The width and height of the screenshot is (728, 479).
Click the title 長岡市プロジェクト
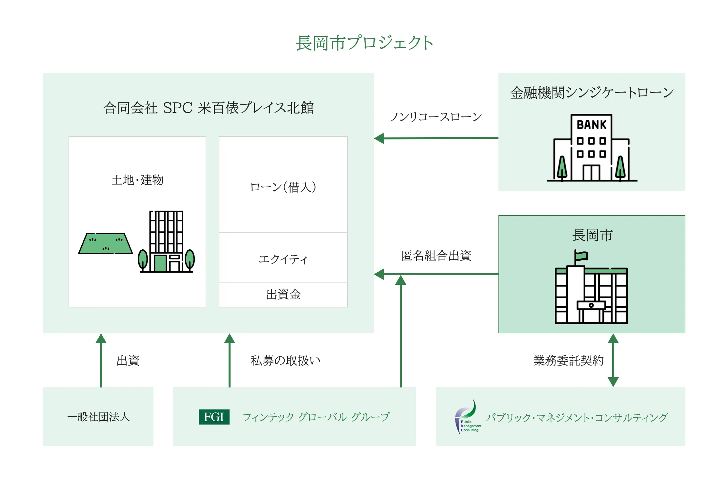[x=364, y=43]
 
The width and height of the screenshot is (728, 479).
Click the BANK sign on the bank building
[x=592, y=125]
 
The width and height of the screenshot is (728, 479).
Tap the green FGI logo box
[x=214, y=417]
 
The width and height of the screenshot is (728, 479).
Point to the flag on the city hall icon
[x=581, y=256]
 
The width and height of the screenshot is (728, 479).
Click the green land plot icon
[x=106, y=244]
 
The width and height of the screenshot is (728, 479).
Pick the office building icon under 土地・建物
[x=166, y=241]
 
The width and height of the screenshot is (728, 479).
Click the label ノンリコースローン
[x=435, y=117]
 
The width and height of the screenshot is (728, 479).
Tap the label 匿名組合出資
[x=436, y=256]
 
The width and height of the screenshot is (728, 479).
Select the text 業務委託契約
[x=568, y=361]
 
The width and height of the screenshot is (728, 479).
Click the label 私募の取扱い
[x=285, y=361]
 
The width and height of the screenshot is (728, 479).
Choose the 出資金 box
[x=283, y=295]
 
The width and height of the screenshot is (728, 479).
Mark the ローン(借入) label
[x=283, y=187]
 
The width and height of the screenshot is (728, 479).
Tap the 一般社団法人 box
[x=98, y=417]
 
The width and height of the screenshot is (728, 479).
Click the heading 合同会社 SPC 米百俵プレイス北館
[x=209, y=108]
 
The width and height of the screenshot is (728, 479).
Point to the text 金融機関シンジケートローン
[x=592, y=93]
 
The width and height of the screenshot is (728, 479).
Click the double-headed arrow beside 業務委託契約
[x=613, y=360]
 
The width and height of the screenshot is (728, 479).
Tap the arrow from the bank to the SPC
[x=436, y=138]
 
